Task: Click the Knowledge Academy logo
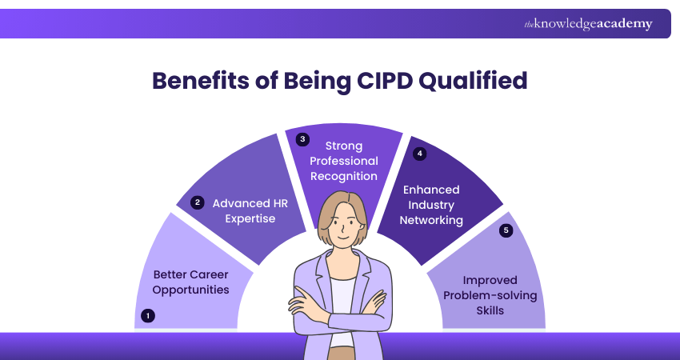point(588,24)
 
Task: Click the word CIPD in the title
point(384,80)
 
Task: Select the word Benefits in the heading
point(200,80)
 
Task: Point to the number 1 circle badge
point(148,316)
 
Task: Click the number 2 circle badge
point(198,202)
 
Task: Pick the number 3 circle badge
point(302,140)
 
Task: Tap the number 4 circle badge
point(419,154)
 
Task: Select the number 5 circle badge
point(506,230)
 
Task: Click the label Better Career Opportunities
point(191,282)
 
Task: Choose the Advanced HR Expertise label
point(250,210)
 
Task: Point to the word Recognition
point(344,177)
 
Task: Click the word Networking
point(431,220)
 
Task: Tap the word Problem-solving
point(490,296)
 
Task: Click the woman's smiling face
point(342,230)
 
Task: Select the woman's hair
point(342,213)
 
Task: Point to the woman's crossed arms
point(338,310)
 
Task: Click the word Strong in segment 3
point(344,146)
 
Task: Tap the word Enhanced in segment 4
point(431,190)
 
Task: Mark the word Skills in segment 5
point(490,310)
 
